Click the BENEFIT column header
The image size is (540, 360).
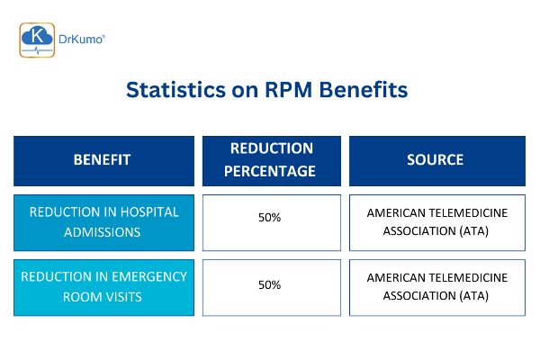(102, 160)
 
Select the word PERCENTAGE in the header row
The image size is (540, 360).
(272, 170)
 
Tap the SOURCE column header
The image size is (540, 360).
(436, 160)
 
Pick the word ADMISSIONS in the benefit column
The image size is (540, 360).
(103, 231)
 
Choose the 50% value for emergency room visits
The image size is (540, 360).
(270, 284)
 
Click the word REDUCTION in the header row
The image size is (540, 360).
(272, 148)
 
